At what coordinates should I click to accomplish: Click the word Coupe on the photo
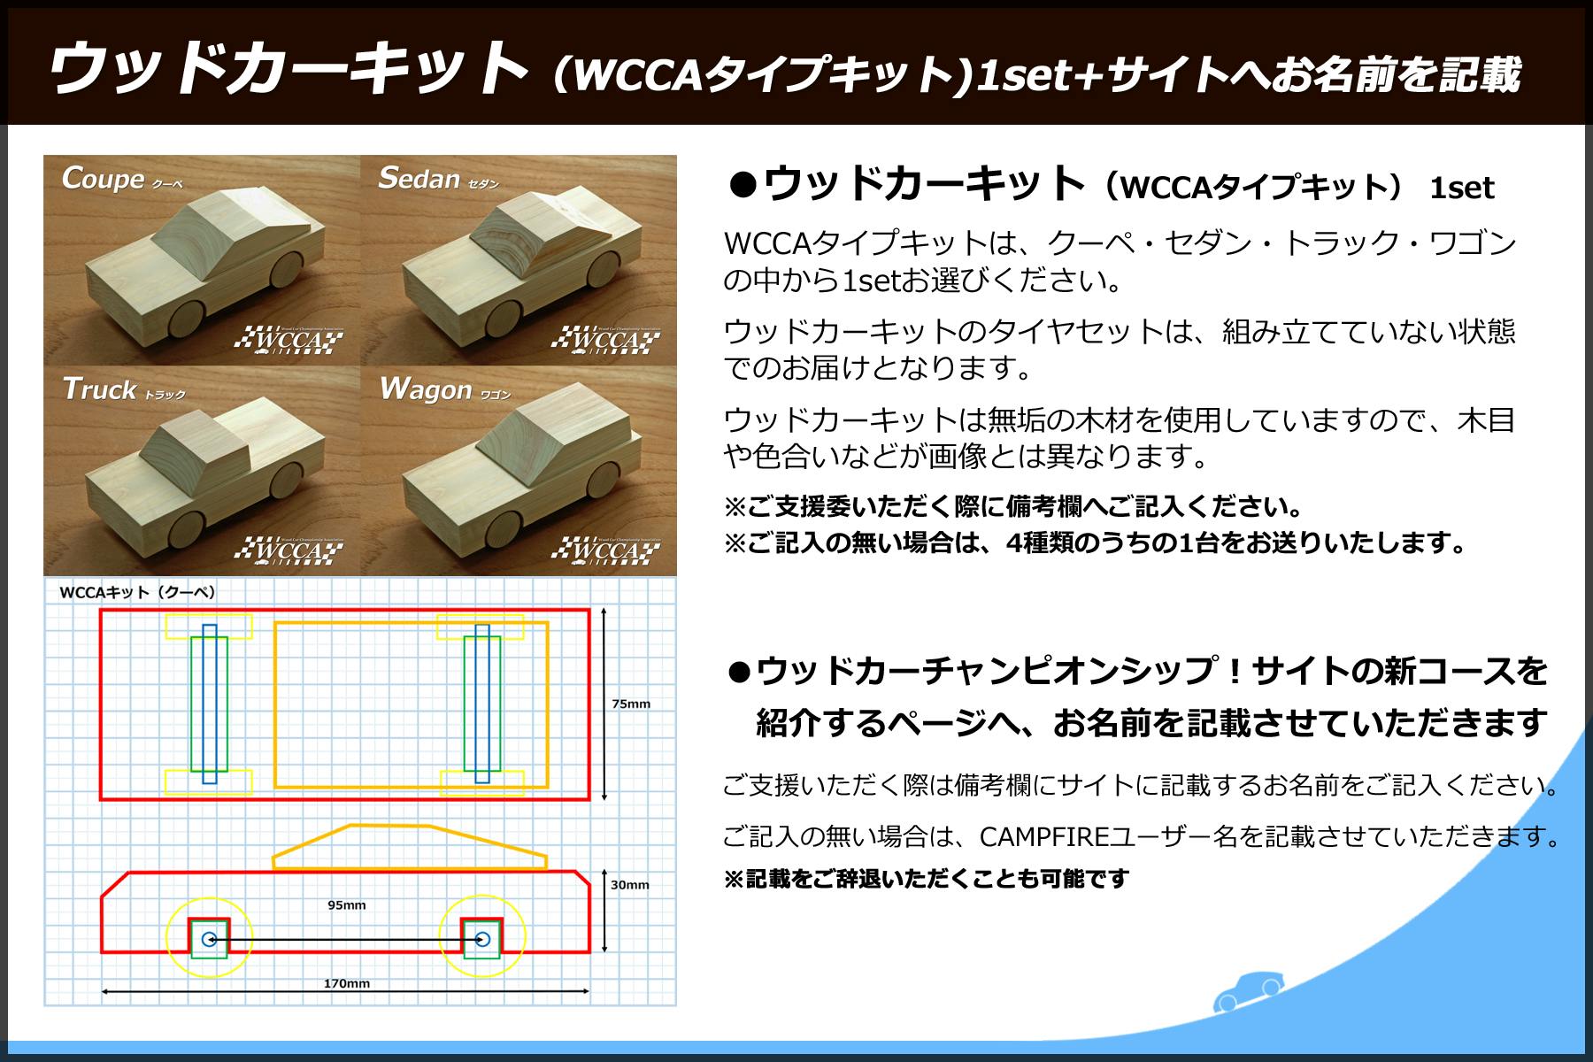pyautogui.click(x=103, y=179)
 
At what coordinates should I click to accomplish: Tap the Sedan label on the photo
pyautogui.click(x=419, y=179)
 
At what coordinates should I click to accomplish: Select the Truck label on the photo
pyautogui.click(x=99, y=389)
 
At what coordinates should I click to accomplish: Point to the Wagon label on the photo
pyautogui.click(x=425, y=390)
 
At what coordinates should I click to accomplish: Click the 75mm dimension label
pyautogui.click(x=631, y=704)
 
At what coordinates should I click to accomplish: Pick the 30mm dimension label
pyautogui.click(x=630, y=885)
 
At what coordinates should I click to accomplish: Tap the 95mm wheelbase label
pyautogui.click(x=346, y=905)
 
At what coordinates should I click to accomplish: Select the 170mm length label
pyautogui.click(x=347, y=983)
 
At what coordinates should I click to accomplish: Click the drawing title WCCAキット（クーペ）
pyautogui.click(x=138, y=592)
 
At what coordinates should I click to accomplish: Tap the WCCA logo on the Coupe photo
pyautogui.click(x=289, y=340)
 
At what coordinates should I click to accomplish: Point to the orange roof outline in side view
pyautogui.click(x=409, y=846)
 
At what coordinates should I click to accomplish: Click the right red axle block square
pyautogui.click(x=482, y=938)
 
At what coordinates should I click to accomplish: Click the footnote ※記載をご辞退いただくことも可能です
pyautogui.click(x=927, y=879)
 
